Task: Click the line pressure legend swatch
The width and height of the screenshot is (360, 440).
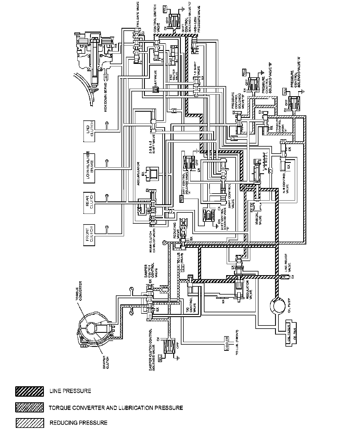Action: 30,392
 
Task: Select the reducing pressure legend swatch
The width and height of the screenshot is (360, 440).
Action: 30,423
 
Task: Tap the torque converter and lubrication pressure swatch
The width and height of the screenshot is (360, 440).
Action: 30,407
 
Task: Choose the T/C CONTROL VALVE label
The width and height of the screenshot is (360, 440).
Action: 193,304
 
